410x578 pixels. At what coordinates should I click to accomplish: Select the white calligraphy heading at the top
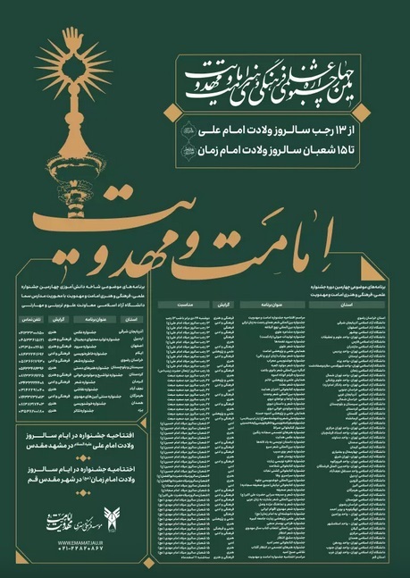[x=277, y=76]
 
